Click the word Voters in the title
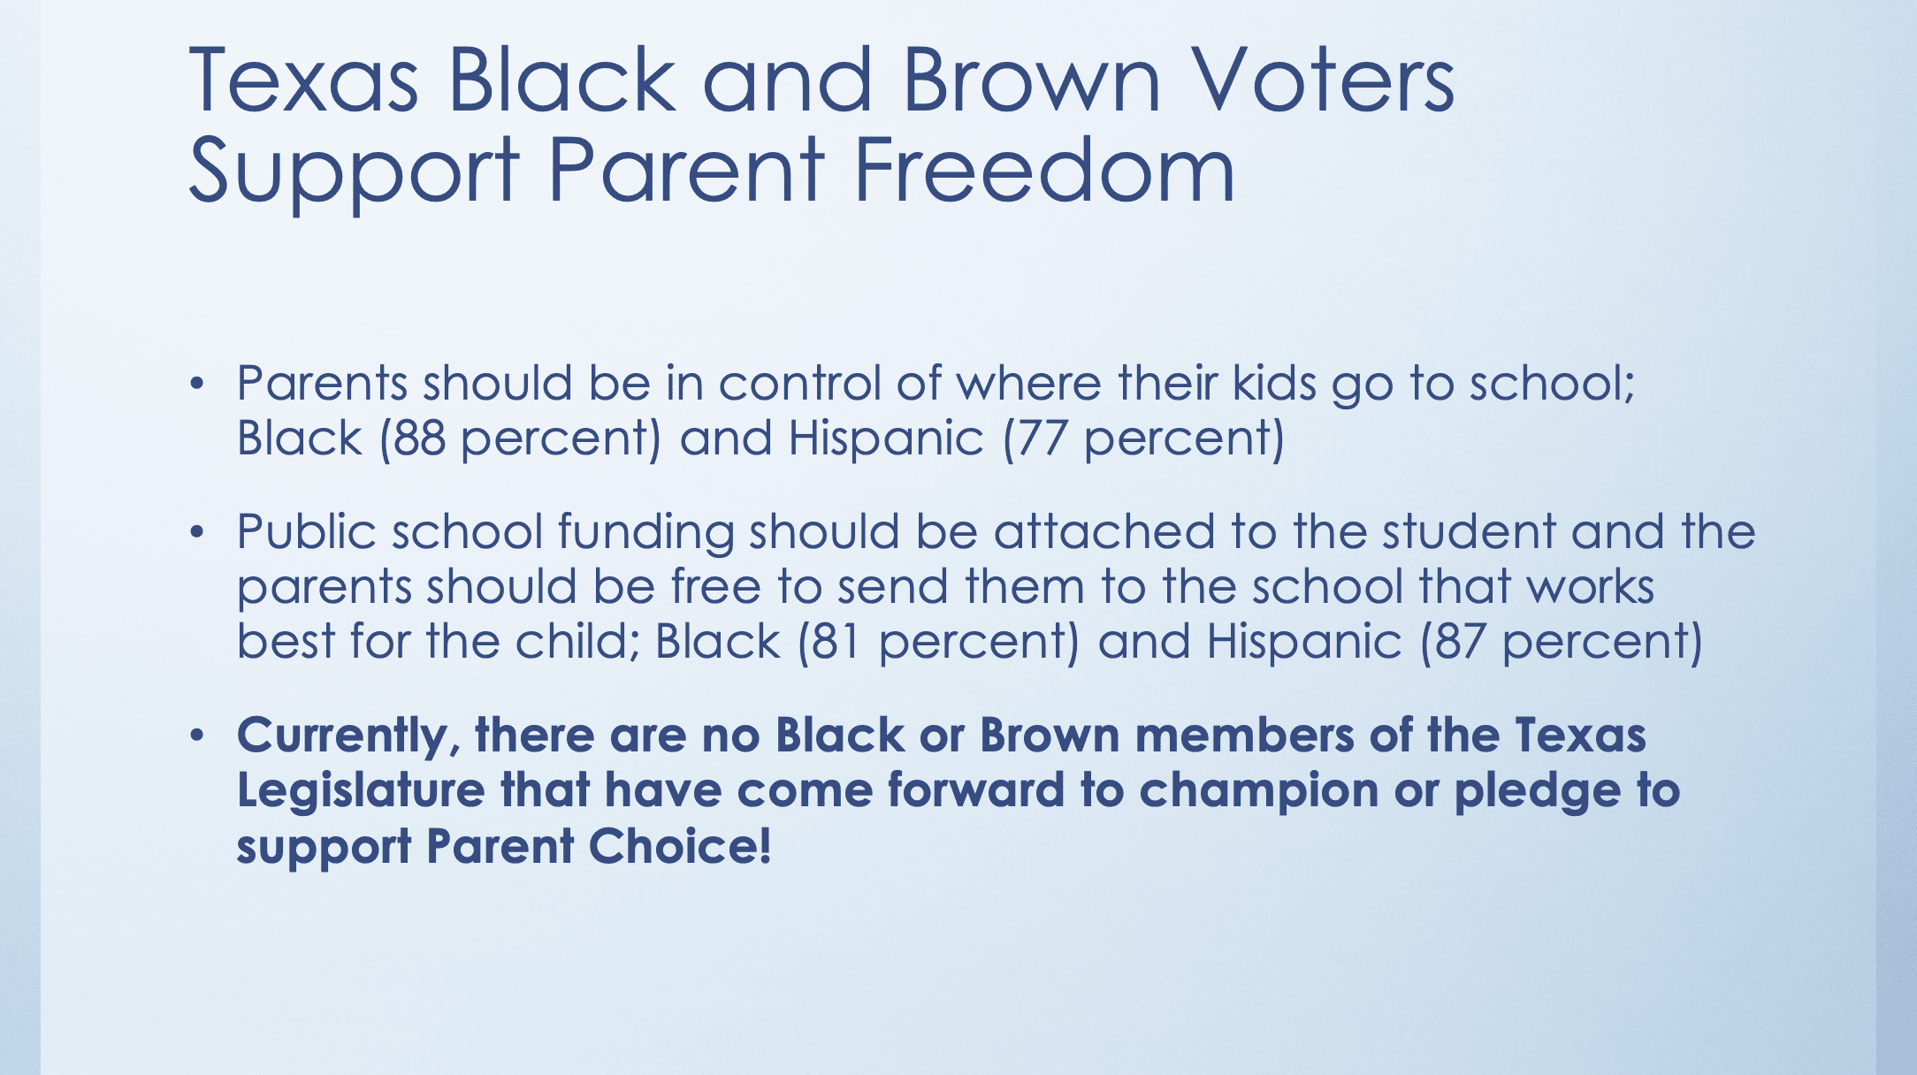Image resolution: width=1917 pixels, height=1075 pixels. (1322, 80)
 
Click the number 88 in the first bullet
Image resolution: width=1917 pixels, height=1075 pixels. (419, 438)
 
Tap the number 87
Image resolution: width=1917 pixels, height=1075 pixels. (1460, 642)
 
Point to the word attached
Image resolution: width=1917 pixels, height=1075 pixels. (1104, 532)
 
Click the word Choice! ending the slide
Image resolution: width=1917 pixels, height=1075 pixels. (680, 846)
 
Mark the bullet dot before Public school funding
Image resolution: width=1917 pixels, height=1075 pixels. (196, 532)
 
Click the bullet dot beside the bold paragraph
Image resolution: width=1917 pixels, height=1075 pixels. (196, 736)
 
